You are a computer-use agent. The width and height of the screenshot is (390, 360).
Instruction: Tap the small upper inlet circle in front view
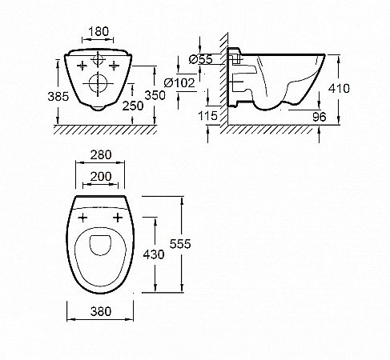pos(99,61)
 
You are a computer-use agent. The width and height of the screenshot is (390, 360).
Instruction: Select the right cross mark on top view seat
pos(118,217)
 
